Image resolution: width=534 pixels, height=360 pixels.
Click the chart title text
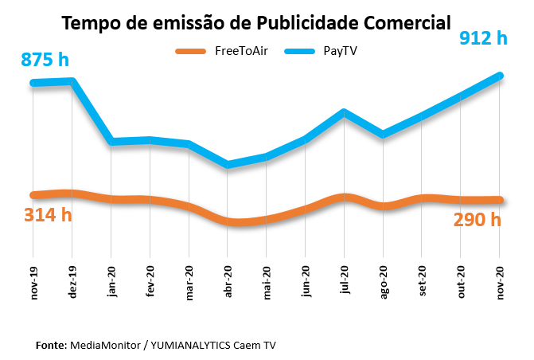pos(267,22)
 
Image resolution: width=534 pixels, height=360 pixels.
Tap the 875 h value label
pos(46,59)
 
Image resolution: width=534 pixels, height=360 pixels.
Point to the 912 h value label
pos(482,37)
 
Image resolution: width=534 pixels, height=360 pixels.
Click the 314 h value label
pos(48,215)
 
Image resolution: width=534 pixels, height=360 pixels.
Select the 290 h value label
pos(477,220)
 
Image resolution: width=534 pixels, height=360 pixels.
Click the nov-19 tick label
pos(34,282)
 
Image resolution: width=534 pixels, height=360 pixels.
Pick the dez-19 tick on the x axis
pos(72,282)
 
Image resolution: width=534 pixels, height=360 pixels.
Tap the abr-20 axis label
pos(228,282)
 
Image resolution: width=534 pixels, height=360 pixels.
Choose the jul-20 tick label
pos(345,282)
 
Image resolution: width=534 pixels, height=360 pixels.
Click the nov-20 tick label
pos(500,282)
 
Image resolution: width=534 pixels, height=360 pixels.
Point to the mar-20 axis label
pos(189,282)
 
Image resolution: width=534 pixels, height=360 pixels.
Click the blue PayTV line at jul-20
pos(344,112)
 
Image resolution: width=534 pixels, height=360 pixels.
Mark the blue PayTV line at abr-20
pos(228,165)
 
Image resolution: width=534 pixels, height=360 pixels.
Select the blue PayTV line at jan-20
pos(112,142)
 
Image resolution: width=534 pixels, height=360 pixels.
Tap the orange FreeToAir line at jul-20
pos(344,196)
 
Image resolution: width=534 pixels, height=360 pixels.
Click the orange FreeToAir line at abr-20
pos(228,221)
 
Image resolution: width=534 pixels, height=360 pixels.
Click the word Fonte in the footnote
pos(51,345)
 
